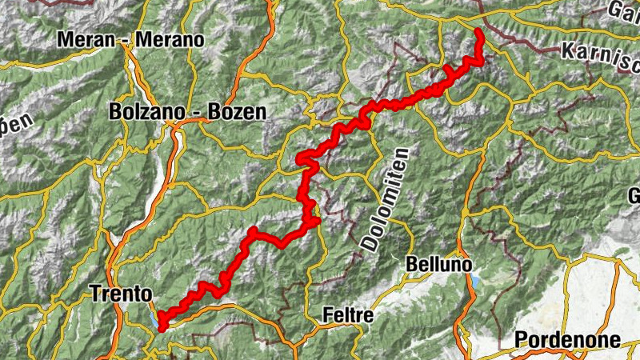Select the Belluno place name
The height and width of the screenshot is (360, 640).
point(439,264)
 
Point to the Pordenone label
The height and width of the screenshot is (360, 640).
point(567,340)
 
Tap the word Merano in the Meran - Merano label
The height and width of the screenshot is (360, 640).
point(170,39)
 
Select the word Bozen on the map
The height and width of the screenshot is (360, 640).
point(235,112)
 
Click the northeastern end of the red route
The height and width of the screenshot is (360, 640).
point(478,31)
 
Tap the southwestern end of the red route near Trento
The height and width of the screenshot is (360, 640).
point(162,326)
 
